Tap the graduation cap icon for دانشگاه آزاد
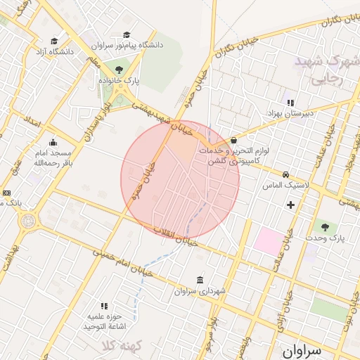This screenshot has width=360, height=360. pyautogui.click(x=54, y=41)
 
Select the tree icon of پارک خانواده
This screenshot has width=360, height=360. pyautogui.click(x=118, y=69)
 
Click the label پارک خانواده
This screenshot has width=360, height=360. pyautogui.click(x=119, y=82)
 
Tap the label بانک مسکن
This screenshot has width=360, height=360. pyautogui.click(x=11, y=203)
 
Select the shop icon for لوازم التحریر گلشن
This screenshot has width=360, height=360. pyautogui.click(x=233, y=141)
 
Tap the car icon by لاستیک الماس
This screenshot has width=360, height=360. pyautogui.click(x=285, y=174)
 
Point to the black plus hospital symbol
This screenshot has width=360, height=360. pyautogui.click(x=290, y=205)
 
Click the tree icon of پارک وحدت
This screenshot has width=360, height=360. pyautogui.click(x=324, y=227)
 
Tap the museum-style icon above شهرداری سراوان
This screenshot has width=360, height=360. pyautogui.click(x=200, y=279)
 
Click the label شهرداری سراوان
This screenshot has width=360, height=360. pyautogui.click(x=200, y=291)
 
